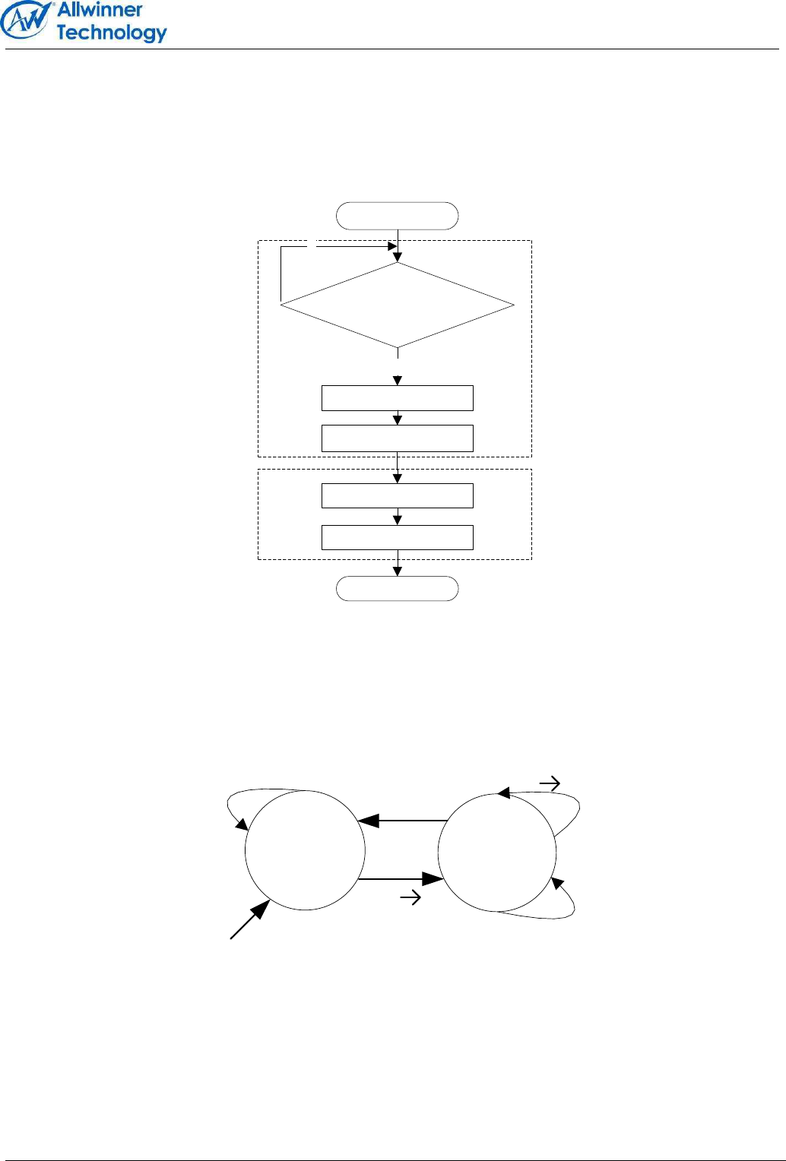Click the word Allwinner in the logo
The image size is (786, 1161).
point(100,10)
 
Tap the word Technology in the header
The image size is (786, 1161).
point(111,33)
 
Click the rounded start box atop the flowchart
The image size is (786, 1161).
point(397,216)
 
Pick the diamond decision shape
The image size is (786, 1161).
point(397,305)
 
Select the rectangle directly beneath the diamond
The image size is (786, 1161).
point(397,398)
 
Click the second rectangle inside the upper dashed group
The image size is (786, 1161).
point(397,438)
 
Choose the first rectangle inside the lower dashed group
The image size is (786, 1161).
point(397,495)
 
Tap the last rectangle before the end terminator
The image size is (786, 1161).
point(397,537)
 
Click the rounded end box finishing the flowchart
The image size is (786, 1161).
point(397,589)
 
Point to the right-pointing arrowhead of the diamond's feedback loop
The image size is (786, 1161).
point(392,246)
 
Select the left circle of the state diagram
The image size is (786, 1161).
point(305,850)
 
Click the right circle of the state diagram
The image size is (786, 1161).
point(497,853)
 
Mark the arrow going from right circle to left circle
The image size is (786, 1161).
point(401,821)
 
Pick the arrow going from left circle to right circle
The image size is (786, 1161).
point(401,879)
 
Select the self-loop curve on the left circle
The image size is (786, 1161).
point(233,805)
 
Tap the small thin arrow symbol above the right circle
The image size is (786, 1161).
point(550,783)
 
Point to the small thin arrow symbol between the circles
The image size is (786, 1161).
point(410,899)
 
